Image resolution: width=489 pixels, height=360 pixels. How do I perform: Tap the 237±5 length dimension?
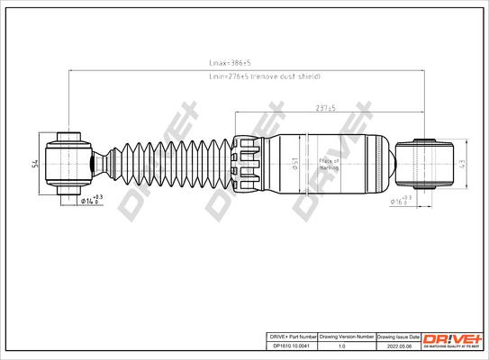point(325,108)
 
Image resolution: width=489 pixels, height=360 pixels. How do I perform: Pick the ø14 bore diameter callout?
point(91,200)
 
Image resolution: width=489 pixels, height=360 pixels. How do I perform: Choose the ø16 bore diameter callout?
point(402,200)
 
